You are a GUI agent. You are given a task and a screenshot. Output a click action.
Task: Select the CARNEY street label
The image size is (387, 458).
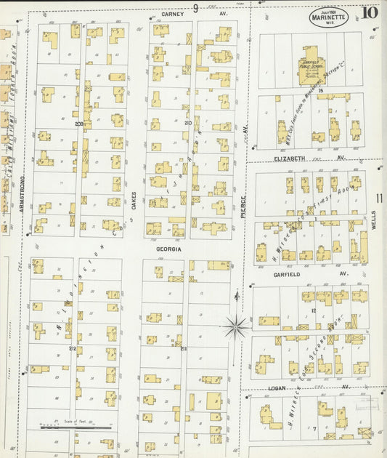[x=173, y=13]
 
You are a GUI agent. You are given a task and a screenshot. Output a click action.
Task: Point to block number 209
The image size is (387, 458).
[x=78, y=124]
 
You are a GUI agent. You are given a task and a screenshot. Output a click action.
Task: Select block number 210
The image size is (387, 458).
[x=187, y=123]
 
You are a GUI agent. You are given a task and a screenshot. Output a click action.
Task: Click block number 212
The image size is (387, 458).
[x=72, y=349]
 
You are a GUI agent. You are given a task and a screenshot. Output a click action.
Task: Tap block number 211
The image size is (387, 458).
[x=183, y=349]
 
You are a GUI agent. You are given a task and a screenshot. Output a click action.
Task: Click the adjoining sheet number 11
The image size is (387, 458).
[x=379, y=197]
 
